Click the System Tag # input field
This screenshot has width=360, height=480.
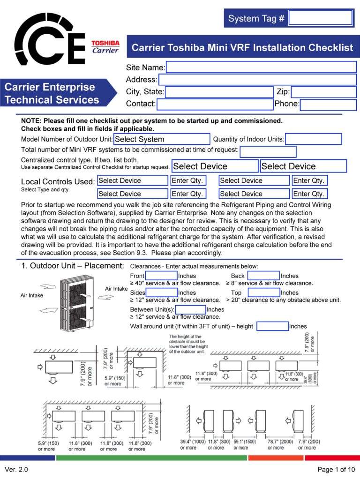click(x=321, y=18)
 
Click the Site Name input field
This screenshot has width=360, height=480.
click(x=261, y=67)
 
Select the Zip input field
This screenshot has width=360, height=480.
click(x=323, y=92)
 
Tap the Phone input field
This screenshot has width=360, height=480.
click(x=328, y=105)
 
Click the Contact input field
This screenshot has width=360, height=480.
click(x=215, y=105)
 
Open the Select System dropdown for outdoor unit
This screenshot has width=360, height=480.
click(x=162, y=139)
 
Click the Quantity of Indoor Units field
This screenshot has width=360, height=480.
click(x=314, y=139)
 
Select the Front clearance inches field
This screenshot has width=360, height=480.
click(x=161, y=276)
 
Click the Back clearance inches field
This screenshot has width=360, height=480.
click(x=263, y=276)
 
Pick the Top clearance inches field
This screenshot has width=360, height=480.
click(x=264, y=292)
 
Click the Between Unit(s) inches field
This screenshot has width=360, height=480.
click(x=190, y=309)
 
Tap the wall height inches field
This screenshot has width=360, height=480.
click(x=272, y=326)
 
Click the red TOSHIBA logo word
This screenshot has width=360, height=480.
click(x=105, y=43)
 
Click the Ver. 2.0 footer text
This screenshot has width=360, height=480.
click(x=16, y=469)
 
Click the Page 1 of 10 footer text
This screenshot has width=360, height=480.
click(x=336, y=469)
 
